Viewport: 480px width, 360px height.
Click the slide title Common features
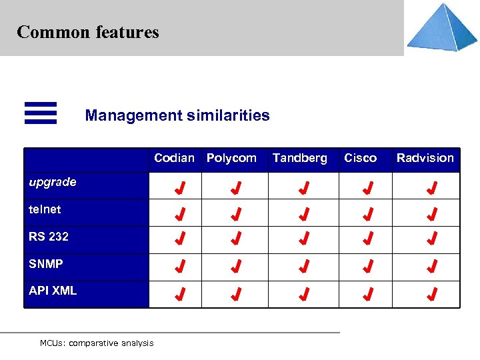[88, 32]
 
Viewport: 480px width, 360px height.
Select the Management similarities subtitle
[177, 115]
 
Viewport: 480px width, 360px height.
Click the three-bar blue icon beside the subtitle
[41, 113]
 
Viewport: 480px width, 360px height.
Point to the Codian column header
[174, 158]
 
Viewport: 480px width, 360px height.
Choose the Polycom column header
[231, 158]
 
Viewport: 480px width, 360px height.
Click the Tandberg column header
[299, 158]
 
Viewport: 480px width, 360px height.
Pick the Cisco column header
[360, 158]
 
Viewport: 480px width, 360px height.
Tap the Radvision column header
[425, 158]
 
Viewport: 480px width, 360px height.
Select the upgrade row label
[53, 182]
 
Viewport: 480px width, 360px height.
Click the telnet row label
[45, 209]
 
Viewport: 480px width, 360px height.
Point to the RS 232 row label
[49, 237]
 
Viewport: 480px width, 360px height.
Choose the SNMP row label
[46, 264]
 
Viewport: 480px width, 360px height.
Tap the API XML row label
[53, 291]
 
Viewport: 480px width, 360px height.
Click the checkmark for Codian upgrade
[179, 187]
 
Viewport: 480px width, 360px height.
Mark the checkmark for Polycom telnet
[235, 215]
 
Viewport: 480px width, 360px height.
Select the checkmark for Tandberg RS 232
[303, 239]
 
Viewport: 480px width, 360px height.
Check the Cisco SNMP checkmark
[367, 267]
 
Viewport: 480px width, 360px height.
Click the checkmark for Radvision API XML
[432, 293]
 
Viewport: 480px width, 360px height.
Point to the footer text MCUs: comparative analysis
[97, 343]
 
